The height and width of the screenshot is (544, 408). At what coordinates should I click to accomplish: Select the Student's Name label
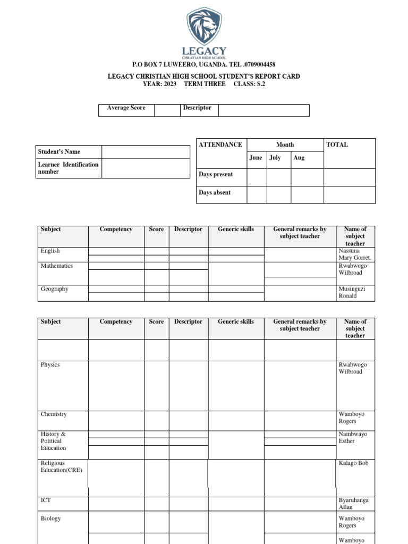pos(59,152)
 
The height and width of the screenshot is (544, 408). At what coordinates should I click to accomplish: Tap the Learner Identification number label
pos(68,168)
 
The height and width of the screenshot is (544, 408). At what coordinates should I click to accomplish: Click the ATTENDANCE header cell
pos(220,144)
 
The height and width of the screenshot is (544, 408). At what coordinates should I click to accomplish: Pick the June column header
pos(256,158)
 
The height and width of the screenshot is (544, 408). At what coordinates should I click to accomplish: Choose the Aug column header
pos(299,158)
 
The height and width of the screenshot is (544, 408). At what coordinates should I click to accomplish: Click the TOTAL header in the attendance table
pos(337,144)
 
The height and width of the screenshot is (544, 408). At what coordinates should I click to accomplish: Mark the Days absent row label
pos(215,193)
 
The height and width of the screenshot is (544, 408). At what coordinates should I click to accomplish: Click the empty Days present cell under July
pos(278,177)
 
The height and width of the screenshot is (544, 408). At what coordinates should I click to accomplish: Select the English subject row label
pos(50,251)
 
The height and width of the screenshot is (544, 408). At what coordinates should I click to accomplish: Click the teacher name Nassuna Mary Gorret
pos(354,254)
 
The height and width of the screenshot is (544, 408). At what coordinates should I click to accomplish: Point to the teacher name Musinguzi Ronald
pos(352,292)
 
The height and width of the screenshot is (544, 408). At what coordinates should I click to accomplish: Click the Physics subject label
pos(50,365)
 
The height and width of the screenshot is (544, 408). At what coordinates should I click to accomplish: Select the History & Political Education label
pos(53,441)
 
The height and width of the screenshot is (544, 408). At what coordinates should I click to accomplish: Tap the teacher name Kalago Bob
pos(353,463)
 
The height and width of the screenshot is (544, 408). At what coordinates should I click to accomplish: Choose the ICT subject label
pos(46,500)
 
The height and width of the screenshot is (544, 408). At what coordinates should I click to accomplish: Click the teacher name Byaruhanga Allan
pos(353,504)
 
